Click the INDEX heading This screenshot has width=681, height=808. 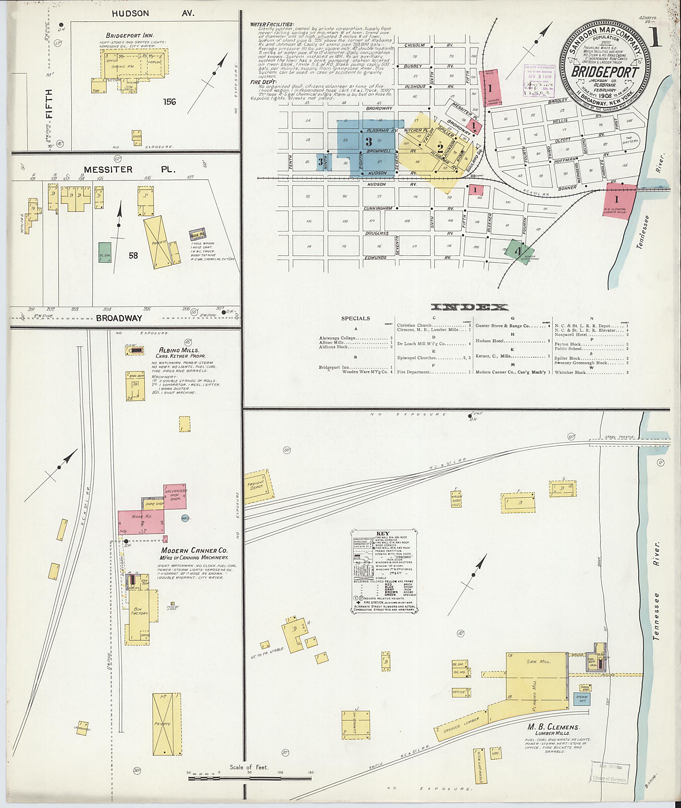(470, 307)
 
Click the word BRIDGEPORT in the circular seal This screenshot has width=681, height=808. (605, 72)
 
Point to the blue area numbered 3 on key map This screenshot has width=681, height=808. (369, 141)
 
